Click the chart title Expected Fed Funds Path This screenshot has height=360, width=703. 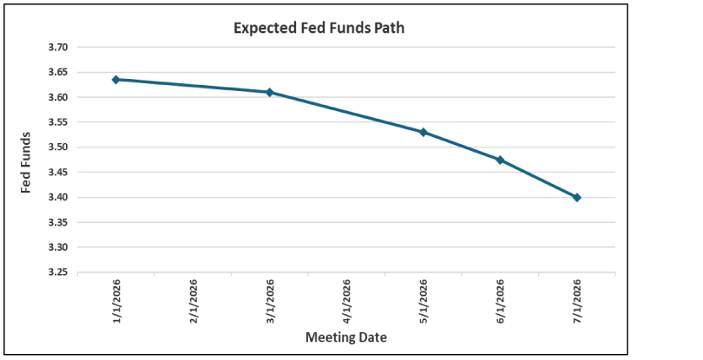319,28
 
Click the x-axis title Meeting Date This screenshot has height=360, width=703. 345,337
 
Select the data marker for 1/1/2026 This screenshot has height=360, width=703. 115,80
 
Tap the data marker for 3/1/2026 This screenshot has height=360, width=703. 269,92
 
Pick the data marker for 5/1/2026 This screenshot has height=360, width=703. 424,132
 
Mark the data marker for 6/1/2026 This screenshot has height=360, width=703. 500,160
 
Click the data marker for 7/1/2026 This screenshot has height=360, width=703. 577,197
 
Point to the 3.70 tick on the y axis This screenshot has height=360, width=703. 62,48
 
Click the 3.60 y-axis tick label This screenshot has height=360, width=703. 62,97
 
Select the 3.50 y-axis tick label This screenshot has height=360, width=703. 62,147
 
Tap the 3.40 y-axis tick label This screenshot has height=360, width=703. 62,198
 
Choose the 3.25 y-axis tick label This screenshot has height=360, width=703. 62,272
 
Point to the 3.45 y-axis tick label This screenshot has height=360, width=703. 62,173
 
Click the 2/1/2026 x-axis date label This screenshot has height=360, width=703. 193,300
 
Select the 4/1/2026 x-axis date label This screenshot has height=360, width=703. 347,300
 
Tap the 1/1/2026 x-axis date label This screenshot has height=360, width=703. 115,300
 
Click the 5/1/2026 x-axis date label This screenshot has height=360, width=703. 424,300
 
